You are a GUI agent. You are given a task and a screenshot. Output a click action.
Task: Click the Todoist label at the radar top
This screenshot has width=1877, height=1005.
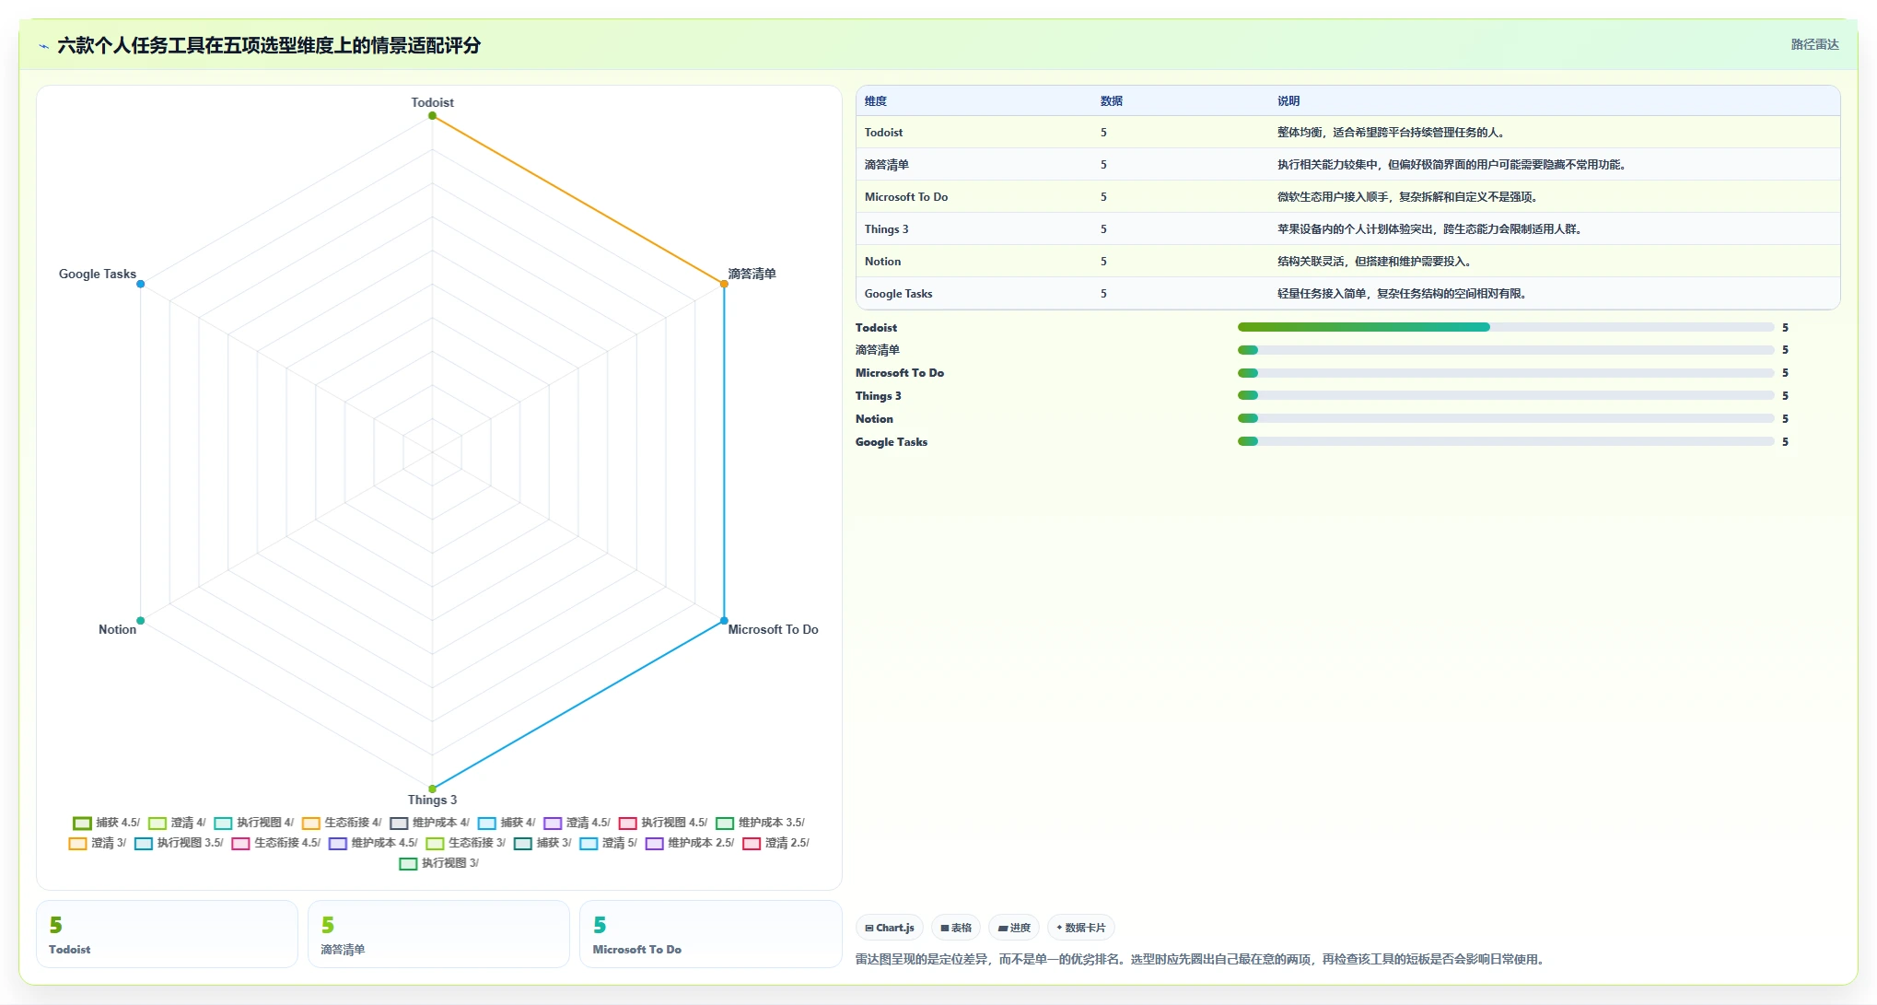(x=432, y=102)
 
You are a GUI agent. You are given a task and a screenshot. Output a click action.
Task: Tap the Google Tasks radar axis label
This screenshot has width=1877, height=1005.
(x=98, y=274)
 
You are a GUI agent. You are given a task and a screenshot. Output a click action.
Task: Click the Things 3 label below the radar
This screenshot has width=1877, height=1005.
(x=432, y=800)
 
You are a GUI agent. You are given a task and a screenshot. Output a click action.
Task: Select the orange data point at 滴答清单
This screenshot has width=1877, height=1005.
(x=724, y=284)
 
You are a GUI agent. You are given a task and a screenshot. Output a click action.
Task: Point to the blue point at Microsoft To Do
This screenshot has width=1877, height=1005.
(x=724, y=621)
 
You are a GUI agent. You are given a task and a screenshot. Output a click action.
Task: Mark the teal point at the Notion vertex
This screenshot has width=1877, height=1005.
(x=140, y=621)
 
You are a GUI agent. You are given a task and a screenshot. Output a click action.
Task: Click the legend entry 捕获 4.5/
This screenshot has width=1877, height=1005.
(x=107, y=823)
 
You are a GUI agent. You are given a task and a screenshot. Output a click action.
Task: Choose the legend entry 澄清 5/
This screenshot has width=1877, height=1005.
(x=609, y=843)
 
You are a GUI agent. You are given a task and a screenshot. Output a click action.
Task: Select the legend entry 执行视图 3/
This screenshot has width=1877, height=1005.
(x=439, y=863)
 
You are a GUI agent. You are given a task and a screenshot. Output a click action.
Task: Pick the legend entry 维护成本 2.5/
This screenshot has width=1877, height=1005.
(x=690, y=843)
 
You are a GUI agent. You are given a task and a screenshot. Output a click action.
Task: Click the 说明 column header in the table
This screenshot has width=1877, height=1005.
(x=1288, y=101)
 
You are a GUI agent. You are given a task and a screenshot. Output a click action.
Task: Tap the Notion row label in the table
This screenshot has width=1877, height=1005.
(x=882, y=262)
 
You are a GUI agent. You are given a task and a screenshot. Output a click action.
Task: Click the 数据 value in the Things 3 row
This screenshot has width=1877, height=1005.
(x=1103, y=229)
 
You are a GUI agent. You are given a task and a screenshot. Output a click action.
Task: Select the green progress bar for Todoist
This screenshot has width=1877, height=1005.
(x=1364, y=327)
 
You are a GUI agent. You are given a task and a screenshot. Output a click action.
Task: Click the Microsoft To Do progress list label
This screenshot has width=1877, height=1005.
(x=900, y=373)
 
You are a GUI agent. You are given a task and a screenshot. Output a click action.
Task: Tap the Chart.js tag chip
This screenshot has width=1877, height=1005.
(x=890, y=928)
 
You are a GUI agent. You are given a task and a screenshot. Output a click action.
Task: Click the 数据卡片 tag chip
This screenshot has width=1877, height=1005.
(x=1081, y=928)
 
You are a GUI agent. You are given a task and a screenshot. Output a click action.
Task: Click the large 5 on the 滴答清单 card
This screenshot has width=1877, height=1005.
(x=328, y=925)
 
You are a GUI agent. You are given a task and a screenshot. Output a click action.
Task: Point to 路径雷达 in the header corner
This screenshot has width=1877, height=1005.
(x=1814, y=44)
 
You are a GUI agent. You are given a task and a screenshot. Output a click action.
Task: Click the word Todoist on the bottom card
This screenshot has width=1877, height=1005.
(x=70, y=950)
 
